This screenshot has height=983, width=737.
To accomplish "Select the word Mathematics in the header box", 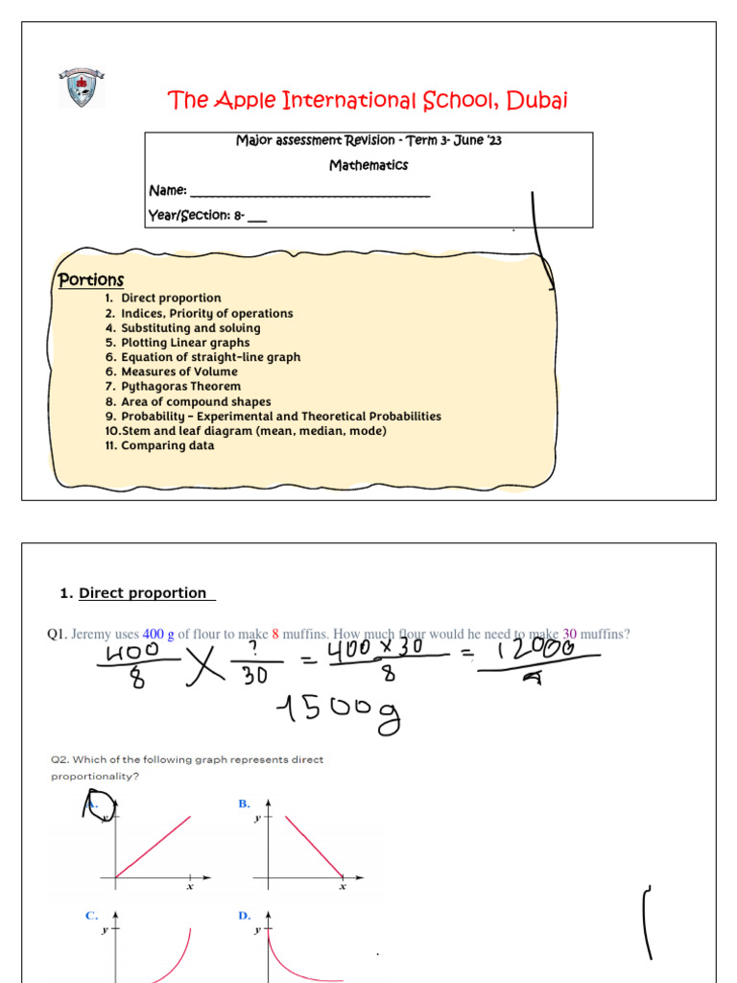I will pos(368,165).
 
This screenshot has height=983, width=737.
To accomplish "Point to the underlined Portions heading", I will pos(91,279).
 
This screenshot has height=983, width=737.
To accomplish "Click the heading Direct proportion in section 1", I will pos(142,593).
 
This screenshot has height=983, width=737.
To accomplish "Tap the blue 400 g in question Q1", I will pos(158,634).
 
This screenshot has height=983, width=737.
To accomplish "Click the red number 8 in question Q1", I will pos(275,634).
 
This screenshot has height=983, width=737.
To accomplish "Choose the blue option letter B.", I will pos(244,803).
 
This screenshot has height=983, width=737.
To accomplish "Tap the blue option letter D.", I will pos(244,916).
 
